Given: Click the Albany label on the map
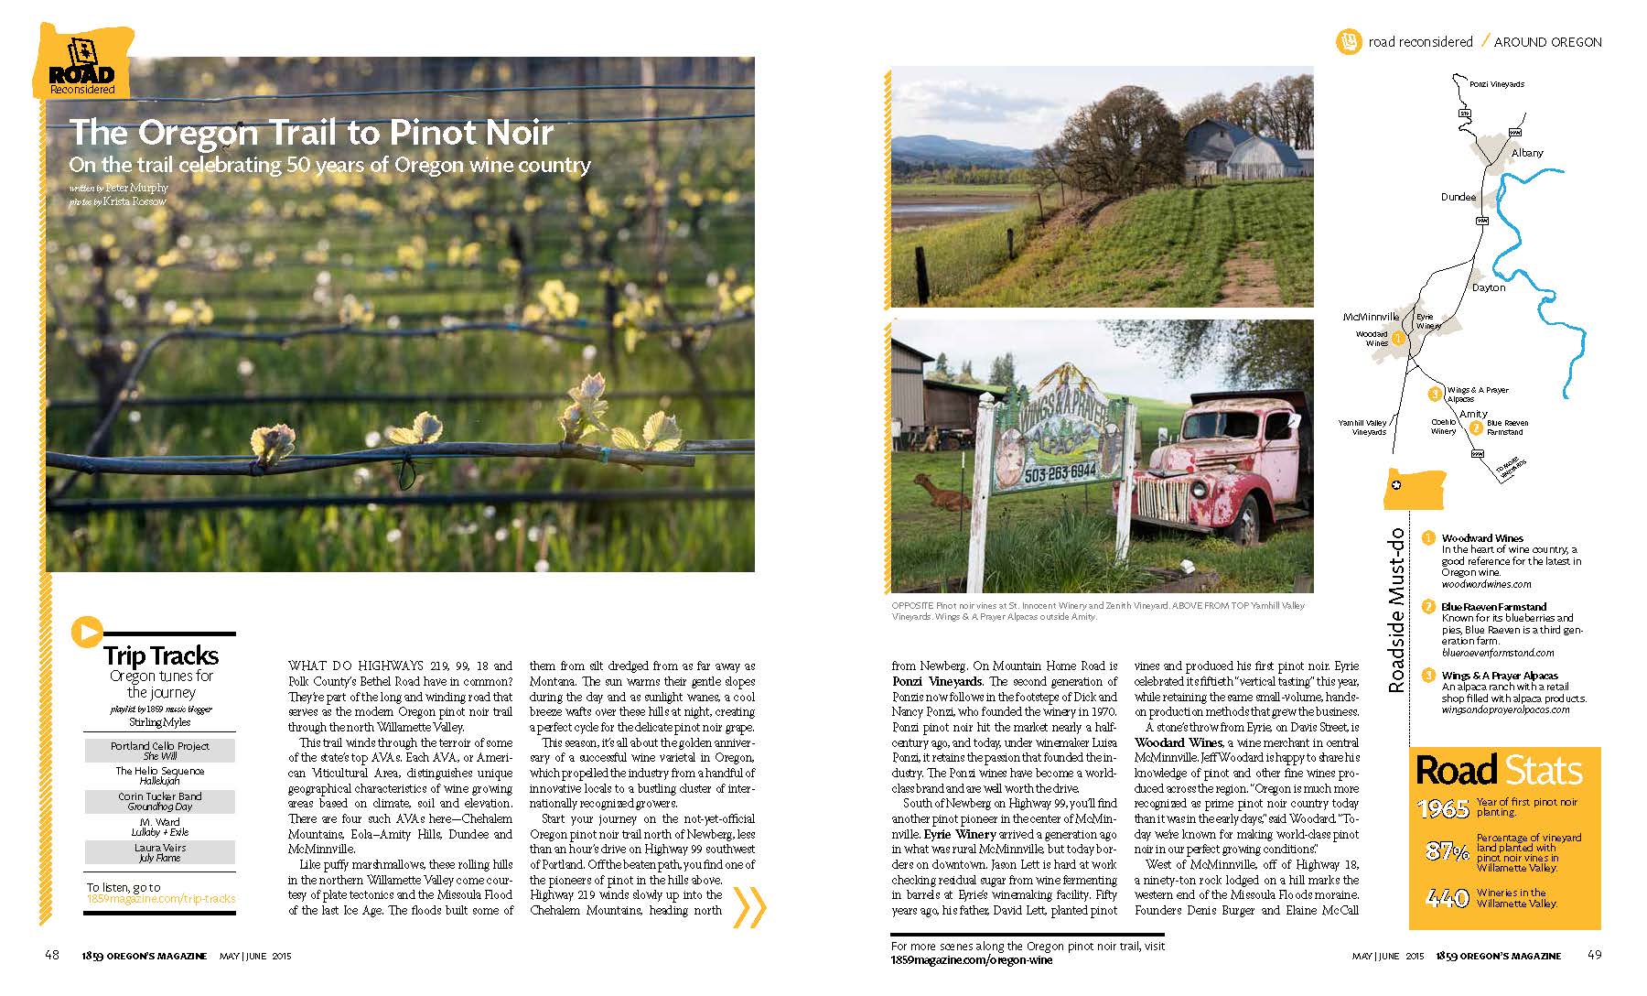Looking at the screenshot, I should coord(1527,153).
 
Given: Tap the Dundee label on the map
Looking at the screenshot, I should coord(1459,197).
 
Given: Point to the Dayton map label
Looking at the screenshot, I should coord(1489,287).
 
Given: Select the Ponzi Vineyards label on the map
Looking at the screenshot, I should coord(1496,84).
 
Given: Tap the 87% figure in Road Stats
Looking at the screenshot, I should coord(1447,851).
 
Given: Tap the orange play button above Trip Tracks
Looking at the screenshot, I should coord(86,632).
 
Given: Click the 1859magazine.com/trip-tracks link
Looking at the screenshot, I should coord(160,899).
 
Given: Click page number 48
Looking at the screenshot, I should coord(52,956).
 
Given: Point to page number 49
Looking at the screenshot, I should coord(1594,956).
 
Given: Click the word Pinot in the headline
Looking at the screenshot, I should coord(422,133).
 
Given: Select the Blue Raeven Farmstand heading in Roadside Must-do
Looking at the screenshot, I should coord(1493,607).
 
